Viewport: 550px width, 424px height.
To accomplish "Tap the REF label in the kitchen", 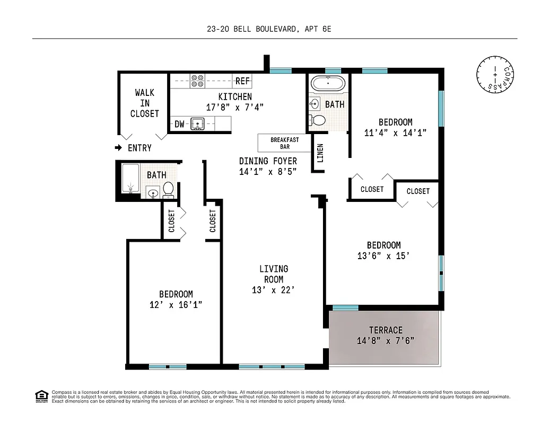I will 242,81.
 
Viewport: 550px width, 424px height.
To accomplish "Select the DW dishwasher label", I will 180,125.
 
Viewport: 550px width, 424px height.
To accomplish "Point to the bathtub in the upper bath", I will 328,83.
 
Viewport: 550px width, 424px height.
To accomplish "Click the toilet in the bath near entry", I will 168,189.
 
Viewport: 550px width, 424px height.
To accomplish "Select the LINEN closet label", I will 320,153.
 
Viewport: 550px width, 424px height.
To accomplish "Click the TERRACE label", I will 386,330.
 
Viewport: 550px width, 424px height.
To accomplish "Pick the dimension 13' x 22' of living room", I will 273,290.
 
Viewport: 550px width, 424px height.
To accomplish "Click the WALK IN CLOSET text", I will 144,103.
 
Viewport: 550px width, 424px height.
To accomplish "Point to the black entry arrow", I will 120,148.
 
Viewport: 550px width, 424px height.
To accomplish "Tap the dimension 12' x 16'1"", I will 176,305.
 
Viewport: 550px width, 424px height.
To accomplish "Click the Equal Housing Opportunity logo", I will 41,395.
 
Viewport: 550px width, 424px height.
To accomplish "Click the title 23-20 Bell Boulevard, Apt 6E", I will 269,30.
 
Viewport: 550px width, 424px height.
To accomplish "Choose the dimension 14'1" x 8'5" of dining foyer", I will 267,171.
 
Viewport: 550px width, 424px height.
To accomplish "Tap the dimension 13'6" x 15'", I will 383,255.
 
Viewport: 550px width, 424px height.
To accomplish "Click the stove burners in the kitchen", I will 198,80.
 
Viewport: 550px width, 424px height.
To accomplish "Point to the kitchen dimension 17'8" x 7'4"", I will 235,107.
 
